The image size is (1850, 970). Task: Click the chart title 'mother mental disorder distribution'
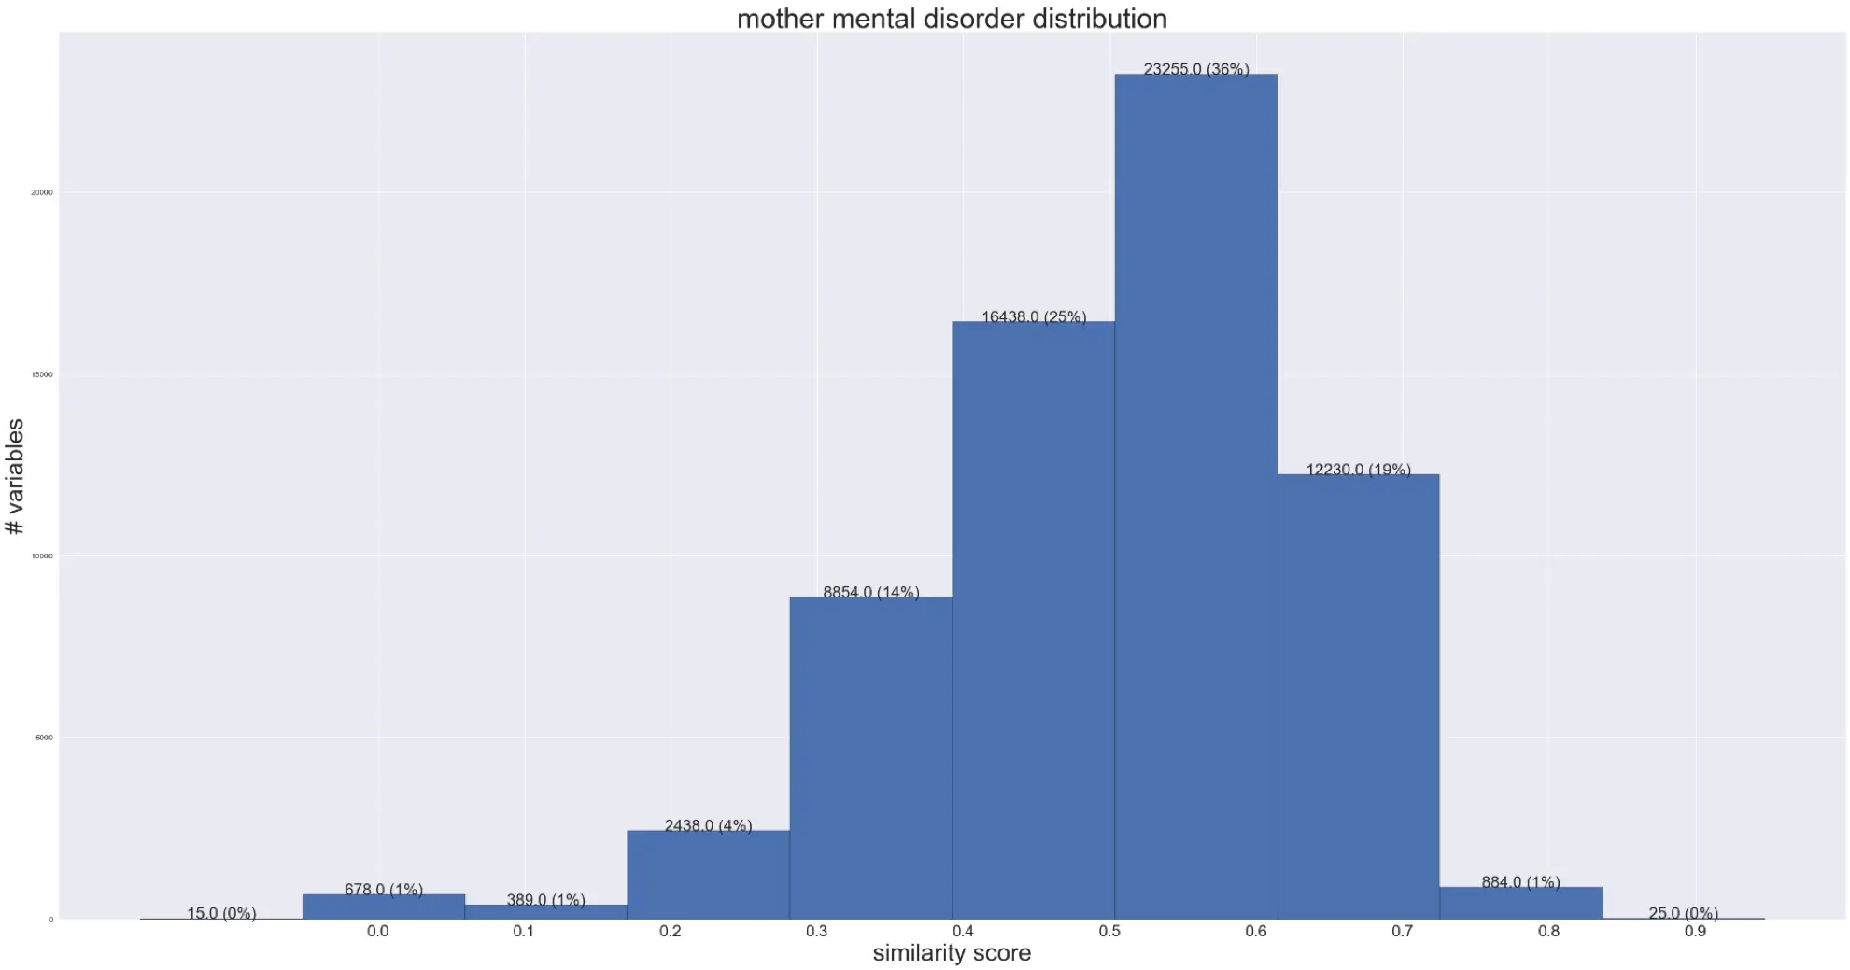(x=952, y=19)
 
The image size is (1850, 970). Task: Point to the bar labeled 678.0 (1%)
(x=383, y=907)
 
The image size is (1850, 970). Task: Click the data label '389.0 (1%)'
(x=545, y=900)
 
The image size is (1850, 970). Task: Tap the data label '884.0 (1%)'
(x=1520, y=882)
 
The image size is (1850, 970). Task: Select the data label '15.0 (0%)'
(x=221, y=913)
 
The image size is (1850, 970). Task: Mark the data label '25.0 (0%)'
(x=1683, y=913)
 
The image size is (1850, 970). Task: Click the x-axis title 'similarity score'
(x=952, y=953)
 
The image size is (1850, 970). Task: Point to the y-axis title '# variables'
(x=15, y=476)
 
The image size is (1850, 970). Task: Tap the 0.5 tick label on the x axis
(x=1109, y=931)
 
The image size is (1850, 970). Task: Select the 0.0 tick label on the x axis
(x=377, y=931)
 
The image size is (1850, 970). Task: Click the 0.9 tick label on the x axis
(x=1695, y=931)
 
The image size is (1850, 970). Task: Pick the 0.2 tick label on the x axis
(x=670, y=931)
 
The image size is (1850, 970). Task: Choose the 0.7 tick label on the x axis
(x=1402, y=931)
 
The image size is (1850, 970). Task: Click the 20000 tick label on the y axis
(x=42, y=192)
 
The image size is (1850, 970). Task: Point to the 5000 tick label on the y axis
(x=44, y=738)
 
